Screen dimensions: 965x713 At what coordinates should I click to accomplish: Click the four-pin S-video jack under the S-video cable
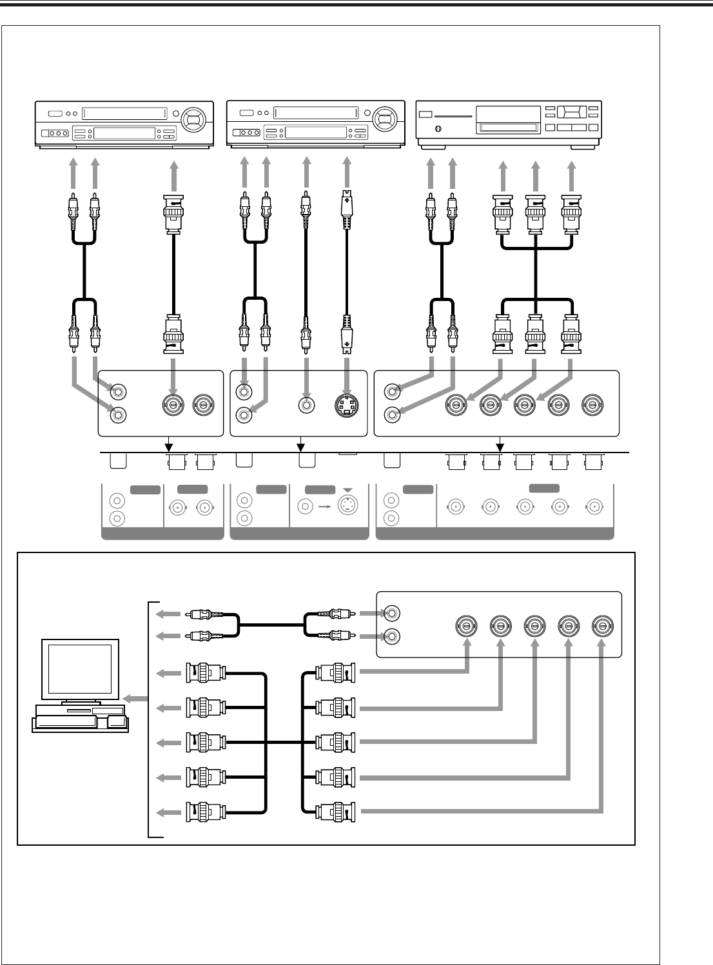(x=347, y=405)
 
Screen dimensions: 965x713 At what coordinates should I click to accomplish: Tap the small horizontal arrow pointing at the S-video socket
(x=324, y=506)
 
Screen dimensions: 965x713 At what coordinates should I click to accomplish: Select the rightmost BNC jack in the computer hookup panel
(x=602, y=625)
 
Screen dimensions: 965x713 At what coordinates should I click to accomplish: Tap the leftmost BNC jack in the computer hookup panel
(x=465, y=625)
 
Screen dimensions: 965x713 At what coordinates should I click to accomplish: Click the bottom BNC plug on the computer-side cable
(x=206, y=812)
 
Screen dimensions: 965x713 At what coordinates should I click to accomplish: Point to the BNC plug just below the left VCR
(x=173, y=209)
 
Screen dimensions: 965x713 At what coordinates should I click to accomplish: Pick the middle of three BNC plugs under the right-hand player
(x=536, y=214)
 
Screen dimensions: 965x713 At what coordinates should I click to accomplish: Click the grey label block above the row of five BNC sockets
(x=544, y=489)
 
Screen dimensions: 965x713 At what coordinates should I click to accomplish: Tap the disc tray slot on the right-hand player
(x=507, y=128)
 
